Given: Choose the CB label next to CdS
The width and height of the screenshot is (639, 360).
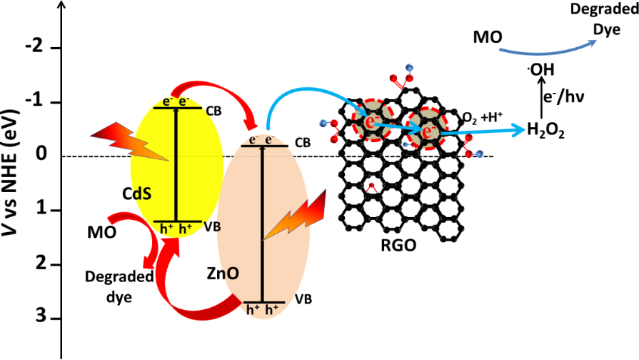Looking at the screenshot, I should point(213,111).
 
